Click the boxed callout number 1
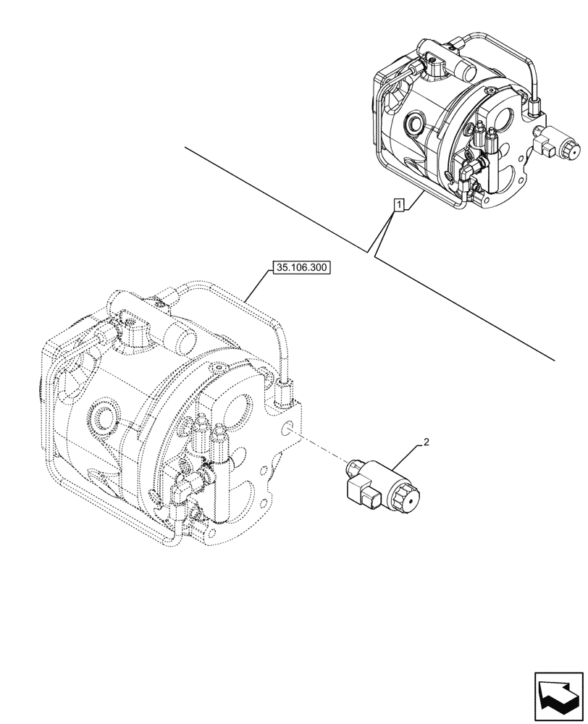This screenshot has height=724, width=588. (x=398, y=206)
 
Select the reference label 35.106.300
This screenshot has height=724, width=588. (x=301, y=268)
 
